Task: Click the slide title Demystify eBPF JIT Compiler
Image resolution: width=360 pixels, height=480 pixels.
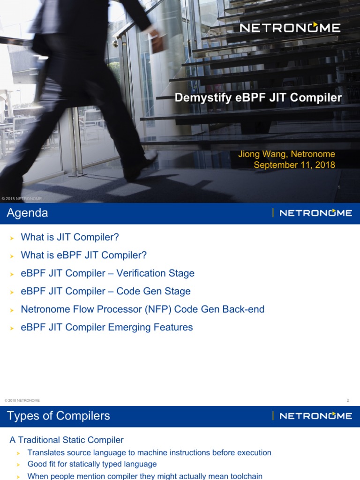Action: click(258, 98)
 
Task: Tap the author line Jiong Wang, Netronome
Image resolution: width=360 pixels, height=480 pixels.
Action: click(287, 154)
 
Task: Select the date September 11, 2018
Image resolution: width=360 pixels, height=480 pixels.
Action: click(294, 165)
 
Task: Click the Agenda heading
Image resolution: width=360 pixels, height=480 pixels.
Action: click(27, 213)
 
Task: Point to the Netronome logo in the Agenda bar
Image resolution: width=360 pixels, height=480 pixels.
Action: click(315, 213)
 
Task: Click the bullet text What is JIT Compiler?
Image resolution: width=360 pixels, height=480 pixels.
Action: click(70, 237)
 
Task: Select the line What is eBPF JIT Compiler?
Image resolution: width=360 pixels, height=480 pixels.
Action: click(83, 255)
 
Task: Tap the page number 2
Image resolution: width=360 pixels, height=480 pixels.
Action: click(348, 400)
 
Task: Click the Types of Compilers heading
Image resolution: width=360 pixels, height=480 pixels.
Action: click(59, 416)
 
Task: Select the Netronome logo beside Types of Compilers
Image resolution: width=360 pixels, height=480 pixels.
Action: click(315, 416)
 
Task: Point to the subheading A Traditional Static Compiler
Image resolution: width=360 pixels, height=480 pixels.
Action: click(67, 440)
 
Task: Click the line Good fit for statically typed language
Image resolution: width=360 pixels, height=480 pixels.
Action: click(92, 464)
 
